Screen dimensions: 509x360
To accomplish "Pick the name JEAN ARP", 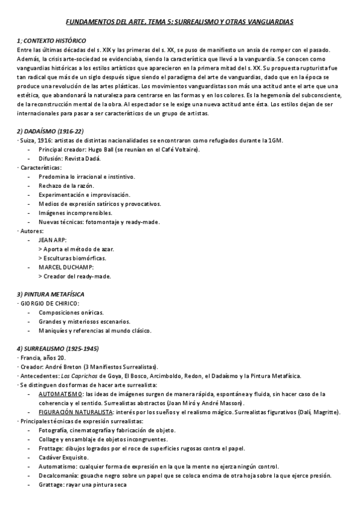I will point(53,239).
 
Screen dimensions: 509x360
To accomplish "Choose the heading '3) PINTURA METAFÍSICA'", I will point(50,294).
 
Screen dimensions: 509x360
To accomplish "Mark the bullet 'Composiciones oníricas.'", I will point(71,312).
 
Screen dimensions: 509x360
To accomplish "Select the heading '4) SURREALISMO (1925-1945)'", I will point(58,349).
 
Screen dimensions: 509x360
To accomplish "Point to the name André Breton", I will point(71,367).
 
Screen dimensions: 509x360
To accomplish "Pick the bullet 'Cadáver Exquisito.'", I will point(65,457).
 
